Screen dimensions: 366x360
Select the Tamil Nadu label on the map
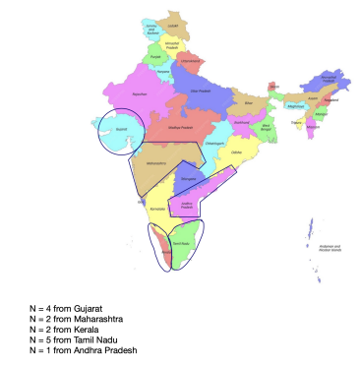tap(181, 244)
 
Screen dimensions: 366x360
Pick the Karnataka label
tap(154, 211)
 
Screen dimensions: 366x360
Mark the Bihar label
tap(249, 101)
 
